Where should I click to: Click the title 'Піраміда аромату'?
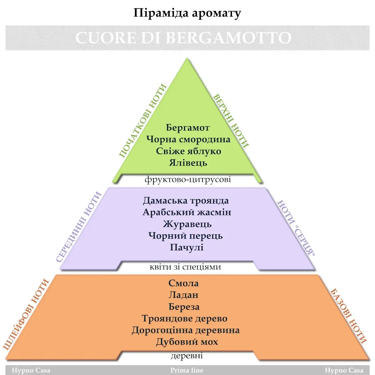pos(187,13)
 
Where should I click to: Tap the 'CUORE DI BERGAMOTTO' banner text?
pos(183,38)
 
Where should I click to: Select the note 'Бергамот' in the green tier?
pos(187,127)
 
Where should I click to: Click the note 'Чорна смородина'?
pos(188,139)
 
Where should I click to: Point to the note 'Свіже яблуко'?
pos(188,151)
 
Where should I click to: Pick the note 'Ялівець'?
pos(188,163)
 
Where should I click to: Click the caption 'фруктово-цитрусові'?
pos(187,179)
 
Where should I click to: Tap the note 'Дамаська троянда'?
pos(186,201)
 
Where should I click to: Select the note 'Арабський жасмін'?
pos(187,212)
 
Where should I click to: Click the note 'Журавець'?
pos(187,224)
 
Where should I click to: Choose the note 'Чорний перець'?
pos(186,236)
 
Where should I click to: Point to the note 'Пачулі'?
pos(187,247)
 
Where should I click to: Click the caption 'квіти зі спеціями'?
pos(185,267)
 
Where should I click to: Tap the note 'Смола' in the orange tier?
pos(183,283)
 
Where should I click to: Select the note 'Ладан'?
pos(183,295)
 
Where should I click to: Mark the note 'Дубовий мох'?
pos(187,342)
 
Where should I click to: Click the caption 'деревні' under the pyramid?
pos(187,356)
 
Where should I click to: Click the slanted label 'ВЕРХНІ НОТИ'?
pos(231,121)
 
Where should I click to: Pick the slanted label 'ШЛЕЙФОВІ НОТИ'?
pos(26,314)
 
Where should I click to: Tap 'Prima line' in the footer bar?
pos(187,370)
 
